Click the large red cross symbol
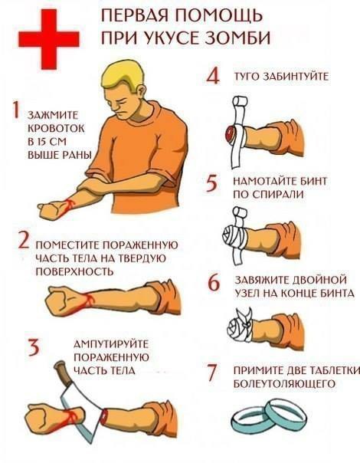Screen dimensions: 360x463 [x=49, y=39]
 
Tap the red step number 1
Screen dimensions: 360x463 [x=15, y=110]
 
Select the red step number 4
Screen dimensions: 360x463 [x=213, y=76]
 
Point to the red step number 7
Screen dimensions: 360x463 [x=212, y=373]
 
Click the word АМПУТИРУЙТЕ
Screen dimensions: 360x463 [x=110, y=344]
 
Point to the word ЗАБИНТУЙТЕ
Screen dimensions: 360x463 [x=296, y=77]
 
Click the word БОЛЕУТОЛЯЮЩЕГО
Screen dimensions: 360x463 [x=284, y=383]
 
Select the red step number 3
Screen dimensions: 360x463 [x=34, y=347]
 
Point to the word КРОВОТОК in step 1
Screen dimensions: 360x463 [x=56, y=129]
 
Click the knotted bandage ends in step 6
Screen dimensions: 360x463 [x=246, y=318]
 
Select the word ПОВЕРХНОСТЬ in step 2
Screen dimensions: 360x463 [x=74, y=271]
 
